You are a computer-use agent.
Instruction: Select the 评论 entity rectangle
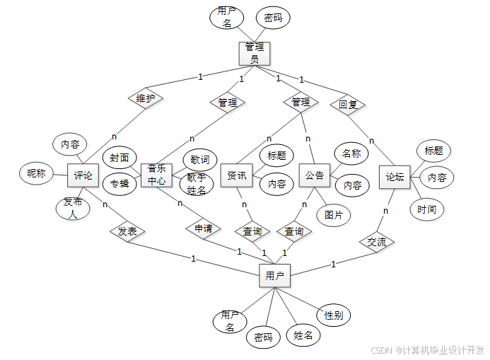tap(83, 175)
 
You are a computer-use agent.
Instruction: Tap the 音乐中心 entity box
tap(157, 175)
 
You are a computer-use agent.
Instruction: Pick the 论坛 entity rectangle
tap(395, 177)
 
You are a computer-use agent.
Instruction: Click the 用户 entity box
tap(274, 277)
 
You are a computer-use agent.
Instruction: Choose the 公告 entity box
tap(315, 175)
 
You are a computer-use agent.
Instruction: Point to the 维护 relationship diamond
tap(145, 98)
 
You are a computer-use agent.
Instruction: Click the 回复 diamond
tap(347, 105)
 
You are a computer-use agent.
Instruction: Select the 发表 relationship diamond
tap(127, 231)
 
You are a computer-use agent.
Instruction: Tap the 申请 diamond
tap(203, 228)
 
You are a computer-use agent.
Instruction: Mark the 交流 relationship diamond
tap(376, 241)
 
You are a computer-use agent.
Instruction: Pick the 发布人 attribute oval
tap(72, 208)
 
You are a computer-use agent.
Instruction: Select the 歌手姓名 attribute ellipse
tap(197, 185)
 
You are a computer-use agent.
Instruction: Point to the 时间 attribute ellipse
tap(427, 209)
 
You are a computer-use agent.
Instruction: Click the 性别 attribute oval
tap(333, 315)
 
